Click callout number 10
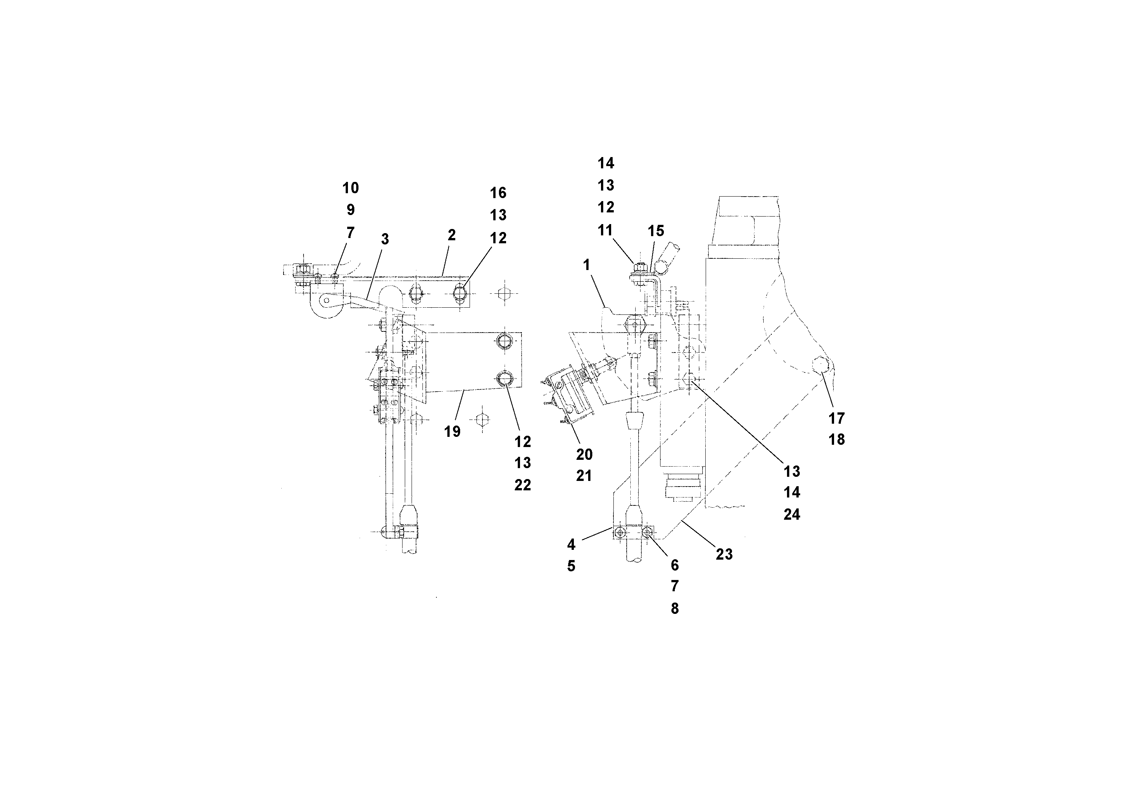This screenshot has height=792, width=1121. click(x=350, y=188)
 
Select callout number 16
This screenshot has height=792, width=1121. click(x=498, y=193)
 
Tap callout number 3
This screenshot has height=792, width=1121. click(x=385, y=239)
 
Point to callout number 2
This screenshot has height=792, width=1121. click(x=451, y=235)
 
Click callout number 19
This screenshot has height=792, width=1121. click(x=452, y=432)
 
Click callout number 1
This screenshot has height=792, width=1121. click(x=586, y=265)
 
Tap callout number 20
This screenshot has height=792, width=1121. click(x=584, y=455)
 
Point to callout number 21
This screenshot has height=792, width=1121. click(x=584, y=476)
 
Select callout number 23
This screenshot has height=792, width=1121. click(x=724, y=554)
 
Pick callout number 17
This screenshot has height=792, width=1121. click(x=836, y=418)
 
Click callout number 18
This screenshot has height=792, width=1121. click(x=836, y=439)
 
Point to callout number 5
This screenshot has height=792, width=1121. click(x=571, y=566)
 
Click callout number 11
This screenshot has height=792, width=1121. click(x=605, y=230)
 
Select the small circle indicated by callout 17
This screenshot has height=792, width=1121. click(x=820, y=364)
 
